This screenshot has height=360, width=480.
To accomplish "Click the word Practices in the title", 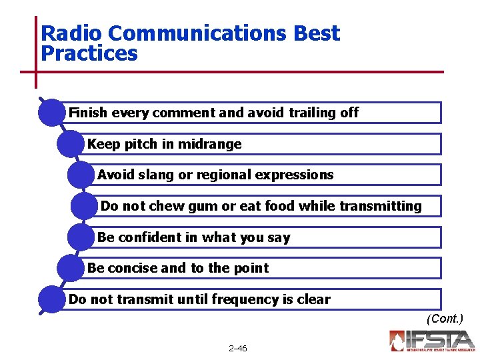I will (89, 53).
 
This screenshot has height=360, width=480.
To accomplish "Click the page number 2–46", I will (237, 349).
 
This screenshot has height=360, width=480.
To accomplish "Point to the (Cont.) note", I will (445, 319).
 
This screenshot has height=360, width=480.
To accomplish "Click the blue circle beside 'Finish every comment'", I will (53, 113).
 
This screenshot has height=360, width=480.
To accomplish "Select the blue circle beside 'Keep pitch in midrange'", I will (71, 144).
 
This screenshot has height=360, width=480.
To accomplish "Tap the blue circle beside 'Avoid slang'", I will (81, 175).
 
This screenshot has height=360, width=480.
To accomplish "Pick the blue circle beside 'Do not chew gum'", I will (85, 206).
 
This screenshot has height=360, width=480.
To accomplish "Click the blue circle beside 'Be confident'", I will (81, 237).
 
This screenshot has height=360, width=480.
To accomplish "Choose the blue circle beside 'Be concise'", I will (71, 268).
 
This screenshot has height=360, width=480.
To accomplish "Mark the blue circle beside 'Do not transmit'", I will (53, 299).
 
